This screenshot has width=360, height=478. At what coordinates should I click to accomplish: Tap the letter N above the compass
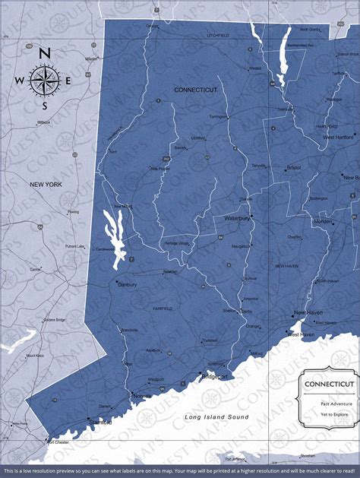click(45, 53)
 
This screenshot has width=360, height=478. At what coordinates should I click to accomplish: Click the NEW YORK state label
click(45, 185)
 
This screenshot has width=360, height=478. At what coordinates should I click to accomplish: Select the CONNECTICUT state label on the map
click(195, 90)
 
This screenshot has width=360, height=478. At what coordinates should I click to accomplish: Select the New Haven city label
click(309, 312)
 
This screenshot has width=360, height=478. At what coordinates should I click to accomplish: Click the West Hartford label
click(339, 138)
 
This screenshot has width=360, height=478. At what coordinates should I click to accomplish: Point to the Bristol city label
click(294, 166)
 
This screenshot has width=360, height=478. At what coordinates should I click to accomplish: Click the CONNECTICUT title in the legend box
click(329, 384)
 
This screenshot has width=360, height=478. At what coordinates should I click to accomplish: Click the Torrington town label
click(218, 116)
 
